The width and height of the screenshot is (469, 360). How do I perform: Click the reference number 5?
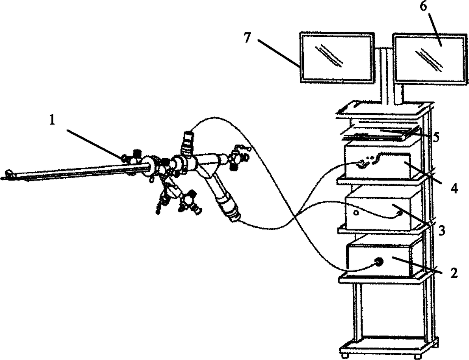[x=436, y=137]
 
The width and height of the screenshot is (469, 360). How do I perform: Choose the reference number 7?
[x=247, y=38]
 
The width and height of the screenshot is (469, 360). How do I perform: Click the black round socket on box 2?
[x=377, y=262]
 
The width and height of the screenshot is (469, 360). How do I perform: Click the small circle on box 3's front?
[x=355, y=212]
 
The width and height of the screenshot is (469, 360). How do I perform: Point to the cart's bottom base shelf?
[x=388, y=345]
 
